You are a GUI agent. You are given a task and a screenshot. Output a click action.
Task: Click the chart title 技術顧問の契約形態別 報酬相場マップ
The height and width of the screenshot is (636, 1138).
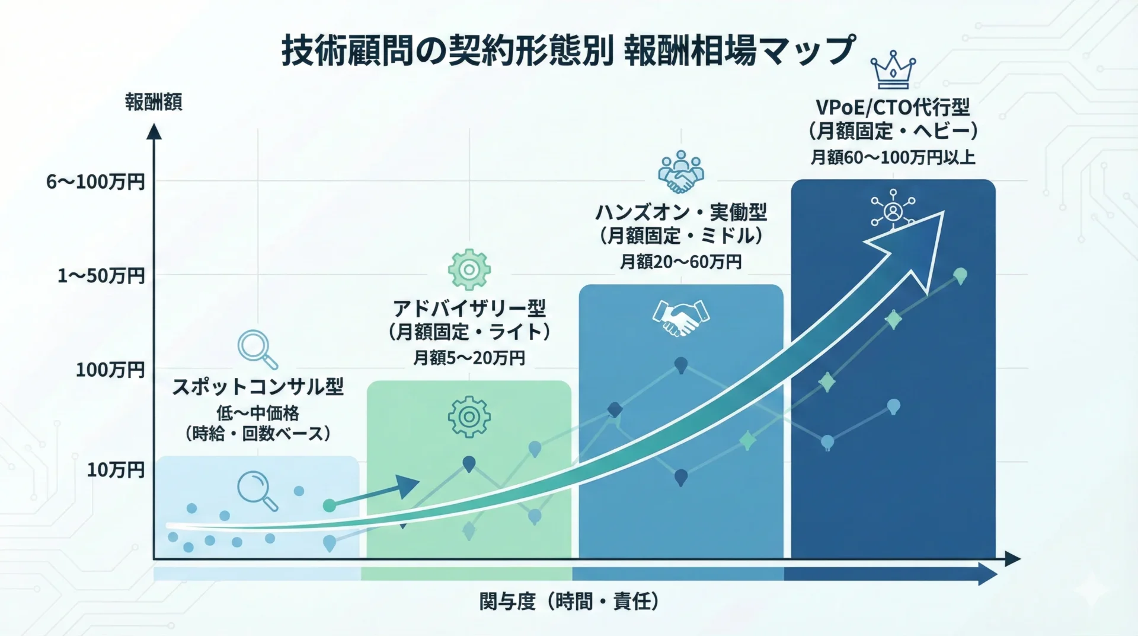pos(568,50)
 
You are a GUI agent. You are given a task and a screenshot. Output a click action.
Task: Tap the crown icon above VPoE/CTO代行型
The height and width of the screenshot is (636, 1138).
pos(893,69)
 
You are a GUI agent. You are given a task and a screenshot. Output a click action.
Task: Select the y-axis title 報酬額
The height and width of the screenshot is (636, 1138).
pos(154,102)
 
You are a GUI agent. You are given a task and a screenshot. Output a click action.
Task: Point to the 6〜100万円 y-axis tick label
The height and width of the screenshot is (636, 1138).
pos(95,182)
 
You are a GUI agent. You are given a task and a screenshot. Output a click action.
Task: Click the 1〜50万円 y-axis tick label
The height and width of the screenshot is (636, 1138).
pos(101,276)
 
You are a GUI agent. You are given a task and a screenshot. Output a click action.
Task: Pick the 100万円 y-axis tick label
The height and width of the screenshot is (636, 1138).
pos(110,370)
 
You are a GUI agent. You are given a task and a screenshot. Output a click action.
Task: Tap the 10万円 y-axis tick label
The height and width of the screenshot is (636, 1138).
pos(116,470)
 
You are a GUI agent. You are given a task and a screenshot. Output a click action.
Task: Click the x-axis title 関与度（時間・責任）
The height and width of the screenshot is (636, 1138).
pos(569,602)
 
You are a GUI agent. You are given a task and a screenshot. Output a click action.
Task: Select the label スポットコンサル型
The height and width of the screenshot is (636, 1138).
pos(258,387)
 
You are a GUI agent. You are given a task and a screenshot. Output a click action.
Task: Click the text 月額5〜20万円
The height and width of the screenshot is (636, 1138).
pos(469,358)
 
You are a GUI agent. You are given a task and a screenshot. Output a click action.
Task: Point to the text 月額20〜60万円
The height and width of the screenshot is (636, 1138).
pos(680,262)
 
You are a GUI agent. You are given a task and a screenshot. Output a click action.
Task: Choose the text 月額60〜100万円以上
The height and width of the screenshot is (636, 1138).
pos(893,157)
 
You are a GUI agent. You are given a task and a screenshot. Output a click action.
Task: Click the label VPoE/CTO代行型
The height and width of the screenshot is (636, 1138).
pos(893,107)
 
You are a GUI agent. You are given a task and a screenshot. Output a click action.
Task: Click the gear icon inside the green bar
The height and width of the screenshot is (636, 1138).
pos(469,417)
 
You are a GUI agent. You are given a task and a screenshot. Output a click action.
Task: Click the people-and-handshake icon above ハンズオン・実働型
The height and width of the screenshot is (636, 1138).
pos(680,171)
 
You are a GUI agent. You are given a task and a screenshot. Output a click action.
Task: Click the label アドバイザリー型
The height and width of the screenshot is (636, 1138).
pos(469,309)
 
